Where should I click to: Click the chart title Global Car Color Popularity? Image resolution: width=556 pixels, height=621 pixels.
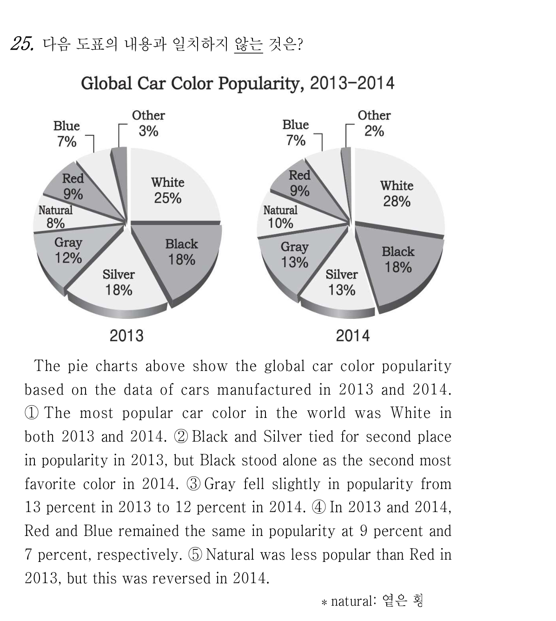pyautogui.click(x=192, y=83)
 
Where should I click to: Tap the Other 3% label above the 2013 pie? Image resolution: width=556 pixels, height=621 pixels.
pyautogui.click(x=149, y=123)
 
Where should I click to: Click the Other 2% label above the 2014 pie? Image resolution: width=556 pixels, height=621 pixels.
pyautogui.click(x=374, y=123)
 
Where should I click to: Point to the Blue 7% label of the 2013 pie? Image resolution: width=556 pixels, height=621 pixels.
pyautogui.click(x=66, y=134)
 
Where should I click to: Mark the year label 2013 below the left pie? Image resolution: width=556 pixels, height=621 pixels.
pyautogui.click(x=126, y=336)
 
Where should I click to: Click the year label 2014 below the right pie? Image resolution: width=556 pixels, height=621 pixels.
pyautogui.click(x=353, y=336)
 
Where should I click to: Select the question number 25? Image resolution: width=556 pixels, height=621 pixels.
pyautogui.click(x=22, y=44)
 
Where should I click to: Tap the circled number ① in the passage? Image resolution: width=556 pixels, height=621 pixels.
pyautogui.click(x=32, y=413)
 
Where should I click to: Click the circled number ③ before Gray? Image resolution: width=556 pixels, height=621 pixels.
pyautogui.click(x=194, y=484)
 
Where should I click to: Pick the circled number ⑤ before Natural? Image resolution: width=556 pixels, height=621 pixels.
pyautogui.click(x=195, y=555)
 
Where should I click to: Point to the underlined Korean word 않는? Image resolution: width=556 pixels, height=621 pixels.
pyautogui.click(x=249, y=45)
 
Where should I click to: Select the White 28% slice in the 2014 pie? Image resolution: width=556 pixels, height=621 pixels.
pyautogui.click(x=398, y=193)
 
